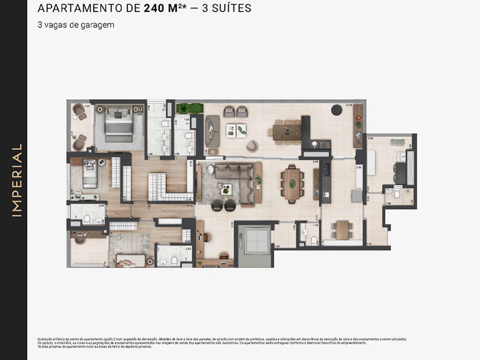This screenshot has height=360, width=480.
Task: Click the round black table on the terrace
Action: point(336,109)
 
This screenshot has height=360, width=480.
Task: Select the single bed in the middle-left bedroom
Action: point(88,176)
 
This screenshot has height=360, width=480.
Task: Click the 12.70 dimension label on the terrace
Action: point(349,104)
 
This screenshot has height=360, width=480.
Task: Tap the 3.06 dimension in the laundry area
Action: point(371,139)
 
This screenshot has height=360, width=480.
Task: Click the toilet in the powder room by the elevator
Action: point(313,240)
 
